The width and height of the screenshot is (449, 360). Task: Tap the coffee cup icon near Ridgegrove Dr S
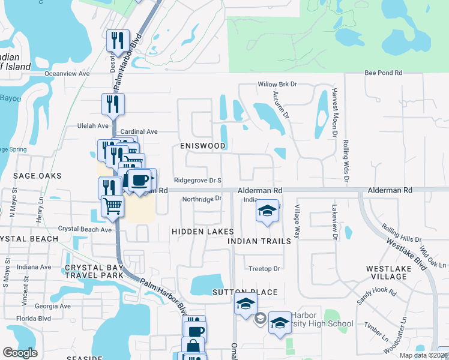140,179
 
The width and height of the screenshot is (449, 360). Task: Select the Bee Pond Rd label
383,73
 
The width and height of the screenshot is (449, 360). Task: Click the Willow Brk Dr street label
278,85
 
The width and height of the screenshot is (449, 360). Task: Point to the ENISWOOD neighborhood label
203,146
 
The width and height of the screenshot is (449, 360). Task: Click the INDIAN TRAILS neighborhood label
263,241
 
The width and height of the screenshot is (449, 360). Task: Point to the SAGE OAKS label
37,176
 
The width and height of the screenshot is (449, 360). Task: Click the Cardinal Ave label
139,131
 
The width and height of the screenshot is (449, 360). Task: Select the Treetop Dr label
264,269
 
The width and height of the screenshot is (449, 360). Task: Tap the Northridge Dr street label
202,199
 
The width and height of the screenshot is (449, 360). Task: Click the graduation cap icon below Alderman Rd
268,211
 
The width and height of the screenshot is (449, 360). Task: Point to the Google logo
20,353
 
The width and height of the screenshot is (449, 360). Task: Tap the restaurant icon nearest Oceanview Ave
116,41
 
